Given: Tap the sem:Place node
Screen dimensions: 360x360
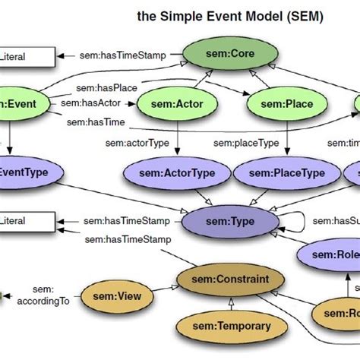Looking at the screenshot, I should [278, 102].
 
